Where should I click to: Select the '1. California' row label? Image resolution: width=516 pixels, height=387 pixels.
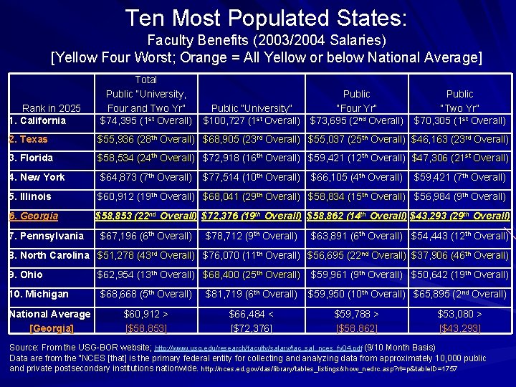tap(38, 120)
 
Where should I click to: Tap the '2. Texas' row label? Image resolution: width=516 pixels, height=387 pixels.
tap(29, 139)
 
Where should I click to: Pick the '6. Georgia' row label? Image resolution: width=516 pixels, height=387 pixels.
tap(34, 216)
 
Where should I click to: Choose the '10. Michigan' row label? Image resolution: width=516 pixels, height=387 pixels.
tap(39, 294)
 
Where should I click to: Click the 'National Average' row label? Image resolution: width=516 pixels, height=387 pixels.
tap(49, 314)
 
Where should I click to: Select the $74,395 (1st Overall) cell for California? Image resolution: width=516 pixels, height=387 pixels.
tap(145, 120)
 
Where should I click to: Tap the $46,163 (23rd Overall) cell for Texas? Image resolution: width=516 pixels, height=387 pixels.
tap(459, 139)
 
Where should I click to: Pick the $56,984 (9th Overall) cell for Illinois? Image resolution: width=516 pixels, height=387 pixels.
tap(459, 196)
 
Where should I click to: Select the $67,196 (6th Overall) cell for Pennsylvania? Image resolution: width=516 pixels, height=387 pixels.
tap(145, 236)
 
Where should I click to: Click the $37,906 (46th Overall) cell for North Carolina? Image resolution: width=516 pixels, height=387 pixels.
tap(459, 255)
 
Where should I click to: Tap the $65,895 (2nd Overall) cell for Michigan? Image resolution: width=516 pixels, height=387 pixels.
tap(459, 294)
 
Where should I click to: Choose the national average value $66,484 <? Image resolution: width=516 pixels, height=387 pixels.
tap(250, 314)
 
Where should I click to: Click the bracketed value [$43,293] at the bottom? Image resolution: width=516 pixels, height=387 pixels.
tap(459, 328)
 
